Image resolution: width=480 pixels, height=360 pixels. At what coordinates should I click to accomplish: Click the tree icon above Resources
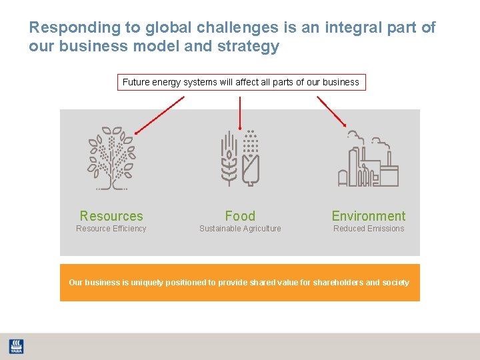pos(111,158)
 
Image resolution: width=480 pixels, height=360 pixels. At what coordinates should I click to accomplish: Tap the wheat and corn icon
pos(240,158)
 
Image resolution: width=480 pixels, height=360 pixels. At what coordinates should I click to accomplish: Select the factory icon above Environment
pos(368,161)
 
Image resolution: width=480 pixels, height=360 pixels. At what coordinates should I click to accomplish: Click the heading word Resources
pos(111,216)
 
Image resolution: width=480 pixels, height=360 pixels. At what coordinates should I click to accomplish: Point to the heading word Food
pos(240,216)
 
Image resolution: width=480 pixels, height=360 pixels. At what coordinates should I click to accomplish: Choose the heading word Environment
pos(369,216)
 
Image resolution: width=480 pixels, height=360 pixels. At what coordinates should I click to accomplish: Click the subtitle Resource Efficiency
pos(111,229)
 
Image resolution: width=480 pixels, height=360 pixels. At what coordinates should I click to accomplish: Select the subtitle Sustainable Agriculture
pos(240,229)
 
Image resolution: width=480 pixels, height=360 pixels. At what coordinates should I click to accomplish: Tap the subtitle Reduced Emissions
pos(369,229)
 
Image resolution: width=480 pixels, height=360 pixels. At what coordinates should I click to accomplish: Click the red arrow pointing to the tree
pos(160,115)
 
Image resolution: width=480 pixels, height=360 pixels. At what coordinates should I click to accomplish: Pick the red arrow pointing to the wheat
pos(240,112)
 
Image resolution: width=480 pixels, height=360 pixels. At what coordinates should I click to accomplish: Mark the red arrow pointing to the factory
pos(331,111)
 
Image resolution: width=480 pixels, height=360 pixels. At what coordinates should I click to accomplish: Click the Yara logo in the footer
pos(16,347)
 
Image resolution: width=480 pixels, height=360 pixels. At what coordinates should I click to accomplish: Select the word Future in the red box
pos(137,83)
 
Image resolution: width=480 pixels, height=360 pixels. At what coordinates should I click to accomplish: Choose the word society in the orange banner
pos(395,283)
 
